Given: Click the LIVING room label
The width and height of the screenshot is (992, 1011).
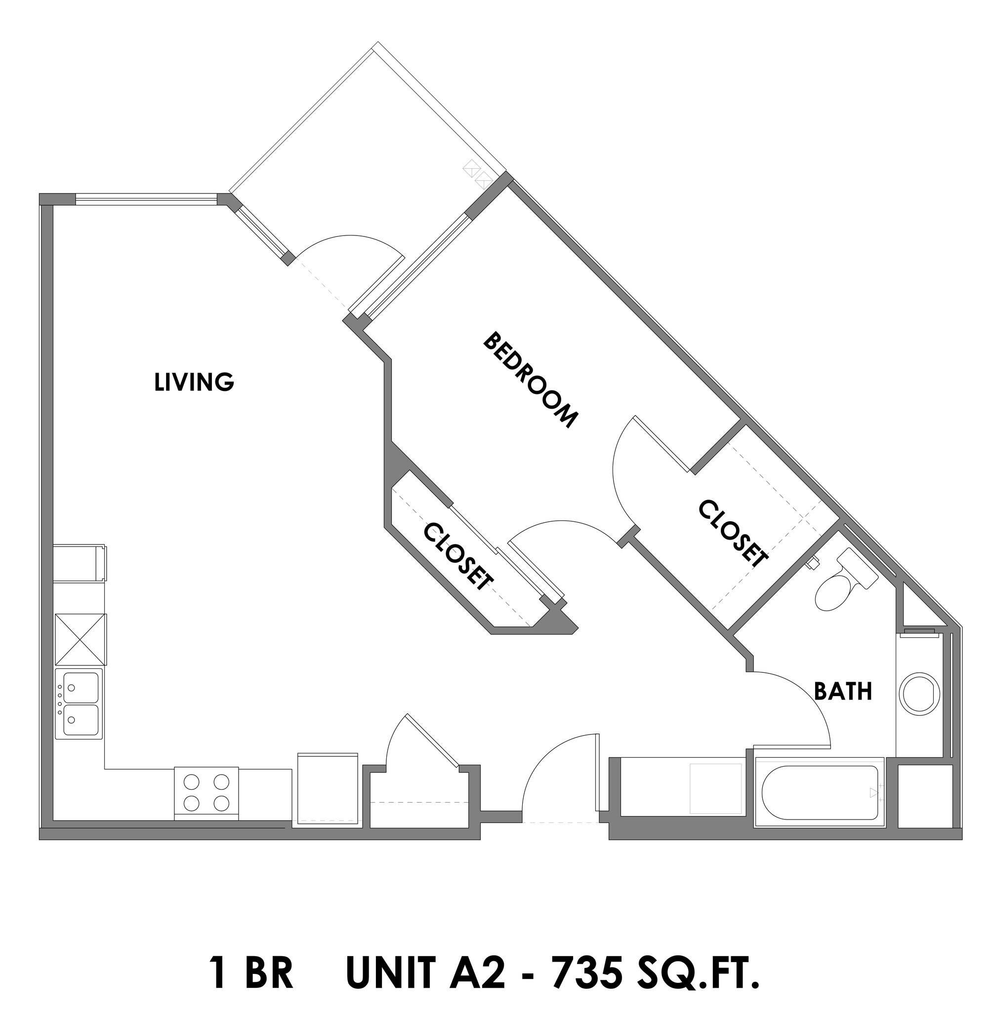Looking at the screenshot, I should click(194, 383).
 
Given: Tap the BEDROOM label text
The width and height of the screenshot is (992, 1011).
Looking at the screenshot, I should click(531, 381).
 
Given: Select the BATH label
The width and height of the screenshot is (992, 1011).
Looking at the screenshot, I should click(842, 692).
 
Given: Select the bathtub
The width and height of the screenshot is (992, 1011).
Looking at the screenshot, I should click(820, 793).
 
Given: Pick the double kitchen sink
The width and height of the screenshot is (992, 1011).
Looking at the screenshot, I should click(80, 704).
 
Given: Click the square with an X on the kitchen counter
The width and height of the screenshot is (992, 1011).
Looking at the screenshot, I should click(81, 640).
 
